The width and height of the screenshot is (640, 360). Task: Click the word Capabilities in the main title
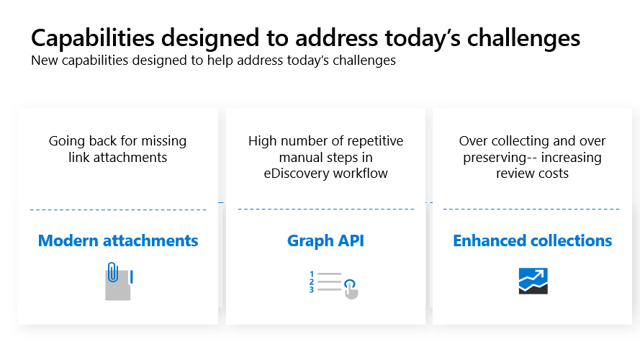coord(93,39)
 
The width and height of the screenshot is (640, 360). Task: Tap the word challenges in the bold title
coord(523,39)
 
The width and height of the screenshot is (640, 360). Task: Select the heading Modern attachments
coord(118,240)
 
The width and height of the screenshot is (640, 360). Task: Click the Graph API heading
coord(325,240)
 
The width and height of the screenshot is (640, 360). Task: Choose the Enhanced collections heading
coord(532,240)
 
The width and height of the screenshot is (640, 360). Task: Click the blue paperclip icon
coord(112,272)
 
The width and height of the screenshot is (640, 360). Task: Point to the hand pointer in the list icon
coord(351,289)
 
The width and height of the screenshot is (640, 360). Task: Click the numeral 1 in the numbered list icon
coord(312,274)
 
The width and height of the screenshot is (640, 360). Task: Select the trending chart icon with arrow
coord(533,281)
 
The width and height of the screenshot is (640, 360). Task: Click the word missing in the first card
coord(163,141)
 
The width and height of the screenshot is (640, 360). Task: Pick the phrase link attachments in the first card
coord(117,158)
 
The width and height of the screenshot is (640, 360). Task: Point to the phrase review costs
coord(532,174)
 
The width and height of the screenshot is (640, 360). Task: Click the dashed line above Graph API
coord(325,209)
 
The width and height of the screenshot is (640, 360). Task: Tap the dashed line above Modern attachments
coord(118,210)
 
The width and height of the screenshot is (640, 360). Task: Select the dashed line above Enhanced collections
coord(531,209)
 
